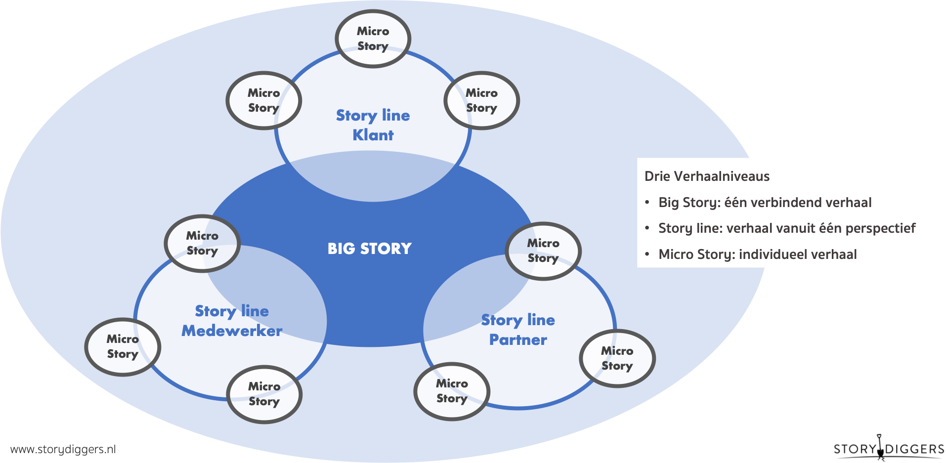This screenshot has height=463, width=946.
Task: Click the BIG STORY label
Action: click(x=369, y=249)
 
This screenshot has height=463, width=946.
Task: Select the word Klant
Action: click(x=373, y=135)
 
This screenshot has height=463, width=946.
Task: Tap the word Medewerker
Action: click(x=232, y=331)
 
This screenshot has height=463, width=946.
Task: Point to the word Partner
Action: click(x=518, y=339)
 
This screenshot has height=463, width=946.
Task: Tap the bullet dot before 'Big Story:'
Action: click(x=647, y=203)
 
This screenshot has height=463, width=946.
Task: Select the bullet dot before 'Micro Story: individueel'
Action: click(x=647, y=254)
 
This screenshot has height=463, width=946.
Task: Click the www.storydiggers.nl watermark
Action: click(x=63, y=449)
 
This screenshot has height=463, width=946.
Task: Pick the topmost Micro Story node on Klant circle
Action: click(x=373, y=39)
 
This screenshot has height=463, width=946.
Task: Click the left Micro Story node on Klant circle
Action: click(x=264, y=100)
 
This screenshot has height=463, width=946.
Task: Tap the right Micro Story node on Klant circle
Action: click(x=481, y=100)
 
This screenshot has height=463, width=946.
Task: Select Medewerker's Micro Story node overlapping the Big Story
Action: click(x=202, y=243)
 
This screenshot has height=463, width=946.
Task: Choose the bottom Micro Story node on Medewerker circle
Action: click(x=264, y=394)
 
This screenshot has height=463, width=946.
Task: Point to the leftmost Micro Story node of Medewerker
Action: click(x=123, y=346)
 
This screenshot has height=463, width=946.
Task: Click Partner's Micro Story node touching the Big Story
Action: click(x=543, y=251)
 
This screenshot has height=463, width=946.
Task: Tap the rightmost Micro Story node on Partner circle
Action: click(x=617, y=358)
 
